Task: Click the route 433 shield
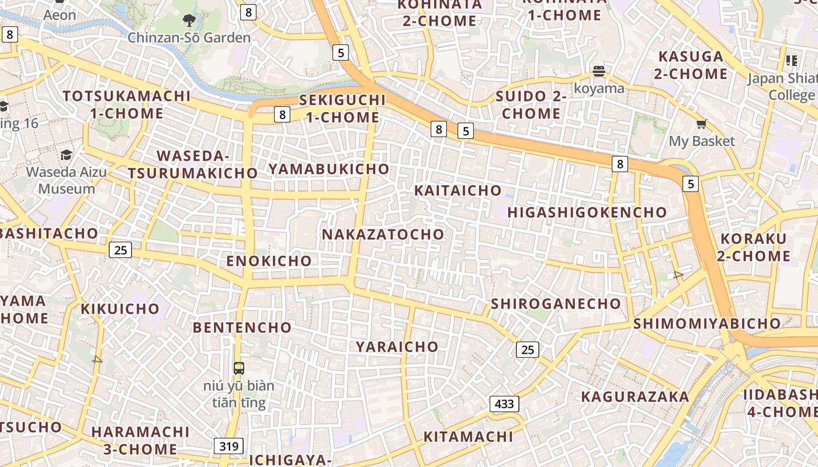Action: point(504,403)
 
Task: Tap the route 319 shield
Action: point(228,447)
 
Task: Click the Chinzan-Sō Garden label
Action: point(189,38)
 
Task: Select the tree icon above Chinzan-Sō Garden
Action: point(189,21)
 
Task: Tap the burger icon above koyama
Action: point(598,72)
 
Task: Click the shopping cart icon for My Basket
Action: point(701,124)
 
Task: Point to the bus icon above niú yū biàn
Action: point(239,368)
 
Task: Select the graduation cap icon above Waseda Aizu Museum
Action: point(66,155)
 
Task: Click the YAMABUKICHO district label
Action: point(328,169)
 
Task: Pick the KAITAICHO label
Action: point(457,190)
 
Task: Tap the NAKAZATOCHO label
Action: point(383,234)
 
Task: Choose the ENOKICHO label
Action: point(269,261)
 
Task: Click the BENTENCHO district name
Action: point(242,327)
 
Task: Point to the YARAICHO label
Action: point(397,346)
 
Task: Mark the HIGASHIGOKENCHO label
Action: point(587,212)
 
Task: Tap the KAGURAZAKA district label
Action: point(635,397)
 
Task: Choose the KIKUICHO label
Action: point(120,309)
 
